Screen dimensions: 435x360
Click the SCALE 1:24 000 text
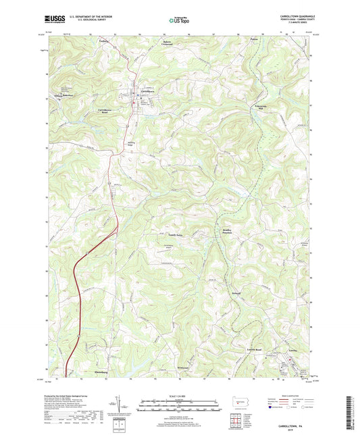(x=180, y=396)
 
